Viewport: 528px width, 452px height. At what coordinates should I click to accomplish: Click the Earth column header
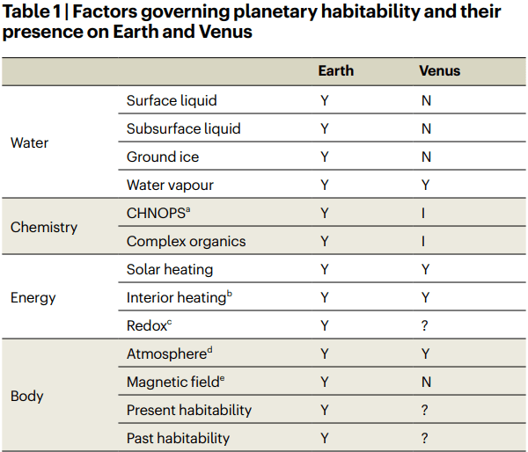(x=335, y=70)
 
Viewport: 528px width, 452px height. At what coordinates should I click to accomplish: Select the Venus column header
(x=439, y=70)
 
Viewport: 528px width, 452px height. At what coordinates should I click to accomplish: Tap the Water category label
(x=29, y=142)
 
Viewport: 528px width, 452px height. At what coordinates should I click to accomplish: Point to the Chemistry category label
(x=44, y=227)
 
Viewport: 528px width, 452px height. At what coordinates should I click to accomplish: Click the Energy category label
(x=33, y=297)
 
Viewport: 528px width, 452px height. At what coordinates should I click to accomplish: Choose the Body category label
(x=26, y=396)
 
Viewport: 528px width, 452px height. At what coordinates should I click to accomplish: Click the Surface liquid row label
(x=172, y=100)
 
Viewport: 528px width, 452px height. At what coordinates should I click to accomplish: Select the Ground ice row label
(x=163, y=157)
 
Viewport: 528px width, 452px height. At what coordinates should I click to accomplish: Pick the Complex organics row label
(x=186, y=241)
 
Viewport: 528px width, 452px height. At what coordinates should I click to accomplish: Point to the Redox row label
(x=147, y=325)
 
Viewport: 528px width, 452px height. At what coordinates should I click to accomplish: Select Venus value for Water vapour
(x=426, y=185)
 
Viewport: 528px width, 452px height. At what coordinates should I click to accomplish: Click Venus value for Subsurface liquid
(x=426, y=128)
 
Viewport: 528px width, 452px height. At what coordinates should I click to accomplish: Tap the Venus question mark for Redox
(x=425, y=325)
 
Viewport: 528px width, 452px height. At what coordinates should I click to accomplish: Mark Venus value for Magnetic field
(x=426, y=382)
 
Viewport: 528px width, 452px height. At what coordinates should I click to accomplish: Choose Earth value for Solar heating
(x=324, y=269)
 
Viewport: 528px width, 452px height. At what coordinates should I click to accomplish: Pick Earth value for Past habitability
(x=324, y=438)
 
